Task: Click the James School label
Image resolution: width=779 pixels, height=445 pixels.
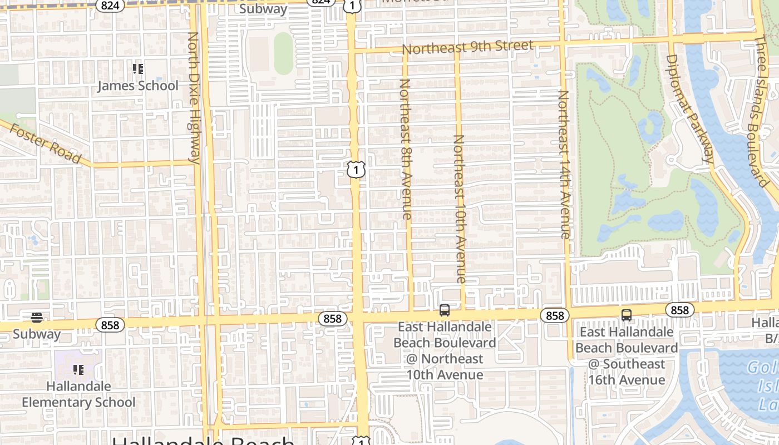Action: pyautogui.click(x=138, y=86)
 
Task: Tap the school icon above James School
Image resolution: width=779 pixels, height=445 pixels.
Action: pyautogui.click(x=138, y=69)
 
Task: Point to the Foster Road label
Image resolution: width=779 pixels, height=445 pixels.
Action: pyautogui.click(x=46, y=144)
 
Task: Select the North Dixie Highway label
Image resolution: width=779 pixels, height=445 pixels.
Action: pyautogui.click(x=194, y=97)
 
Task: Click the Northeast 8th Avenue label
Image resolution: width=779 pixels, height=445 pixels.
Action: pyautogui.click(x=406, y=149)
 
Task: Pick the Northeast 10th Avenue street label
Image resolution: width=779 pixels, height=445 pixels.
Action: pyautogui.click(x=460, y=209)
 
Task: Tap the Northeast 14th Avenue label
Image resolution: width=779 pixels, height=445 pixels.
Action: pyautogui.click(x=564, y=164)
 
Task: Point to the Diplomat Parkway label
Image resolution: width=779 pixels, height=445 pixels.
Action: pyautogui.click(x=689, y=108)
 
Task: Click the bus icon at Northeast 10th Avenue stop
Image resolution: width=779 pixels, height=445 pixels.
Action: pyautogui.click(x=444, y=310)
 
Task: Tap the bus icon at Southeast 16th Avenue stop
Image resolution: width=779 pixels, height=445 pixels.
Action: pyautogui.click(x=627, y=315)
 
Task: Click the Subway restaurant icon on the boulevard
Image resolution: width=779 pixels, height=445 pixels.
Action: pyautogui.click(x=37, y=318)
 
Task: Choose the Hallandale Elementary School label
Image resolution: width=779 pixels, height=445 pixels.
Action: pyautogui.click(x=78, y=394)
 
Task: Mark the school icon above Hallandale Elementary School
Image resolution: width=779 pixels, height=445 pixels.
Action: pyautogui.click(x=78, y=369)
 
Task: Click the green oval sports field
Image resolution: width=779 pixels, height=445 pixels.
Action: pyautogui.click(x=283, y=53)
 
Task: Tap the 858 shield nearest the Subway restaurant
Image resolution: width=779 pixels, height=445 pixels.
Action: pyautogui.click(x=110, y=324)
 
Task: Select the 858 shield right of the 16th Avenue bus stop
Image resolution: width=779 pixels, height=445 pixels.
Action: pyautogui.click(x=680, y=310)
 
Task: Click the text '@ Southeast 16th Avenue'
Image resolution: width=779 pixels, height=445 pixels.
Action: pyautogui.click(x=627, y=372)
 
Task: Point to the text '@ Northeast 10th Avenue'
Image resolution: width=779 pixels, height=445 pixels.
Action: pyautogui.click(x=444, y=367)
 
